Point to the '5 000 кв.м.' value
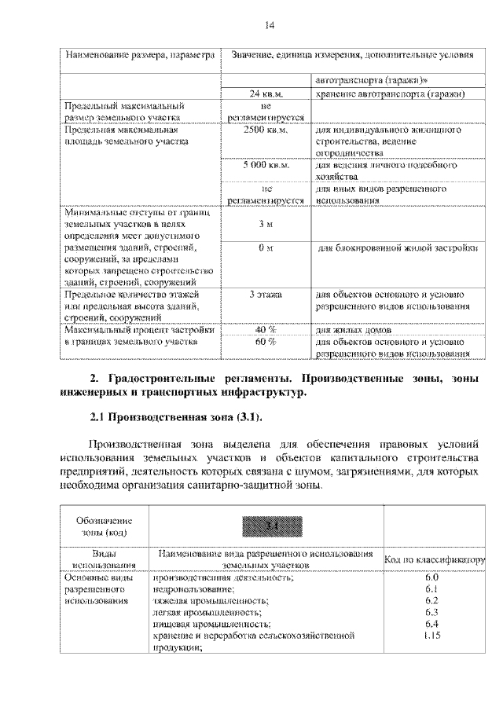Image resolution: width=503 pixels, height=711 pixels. coord(266,166)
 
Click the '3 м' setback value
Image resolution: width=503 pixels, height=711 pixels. coord(266,225)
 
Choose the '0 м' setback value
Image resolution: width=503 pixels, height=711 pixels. coord(266,249)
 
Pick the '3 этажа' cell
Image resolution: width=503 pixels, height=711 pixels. coord(266,294)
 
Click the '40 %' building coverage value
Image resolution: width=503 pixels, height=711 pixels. coord(266,329)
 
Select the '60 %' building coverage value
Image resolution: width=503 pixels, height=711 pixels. coord(266,342)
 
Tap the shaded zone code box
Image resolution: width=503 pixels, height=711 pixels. coord(266,525)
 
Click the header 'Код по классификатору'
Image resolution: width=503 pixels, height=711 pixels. coord(435,559)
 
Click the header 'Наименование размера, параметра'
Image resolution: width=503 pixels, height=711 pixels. coord(139,56)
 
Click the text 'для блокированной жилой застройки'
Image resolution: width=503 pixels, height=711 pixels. coord(397,249)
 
